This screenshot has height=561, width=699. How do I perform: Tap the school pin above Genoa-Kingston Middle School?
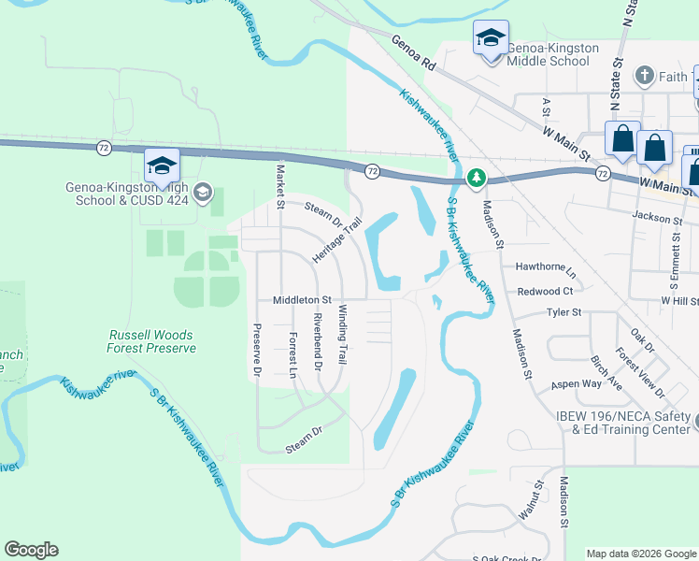pyautogui.click(x=490, y=39)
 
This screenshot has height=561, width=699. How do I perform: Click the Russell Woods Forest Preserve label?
pyautogui.click(x=152, y=341)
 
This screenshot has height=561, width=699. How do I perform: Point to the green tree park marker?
pyautogui.click(x=476, y=177)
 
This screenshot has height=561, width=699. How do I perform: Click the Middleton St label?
pyautogui.click(x=302, y=300)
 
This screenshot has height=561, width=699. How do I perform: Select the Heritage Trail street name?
pyautogui.click(x=336, y=241)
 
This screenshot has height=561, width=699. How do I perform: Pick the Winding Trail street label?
pyautogui.click(x=343, y=334)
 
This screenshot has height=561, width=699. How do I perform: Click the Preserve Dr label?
pyautogui.click(x=256, y=350)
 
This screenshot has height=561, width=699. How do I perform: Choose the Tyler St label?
pyautogui.click(x=563, y=312)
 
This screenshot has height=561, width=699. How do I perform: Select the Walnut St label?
pyautogui.click(x=530, y=501)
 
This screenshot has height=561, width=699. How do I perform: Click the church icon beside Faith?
pyautogui.click(x=643, y=75)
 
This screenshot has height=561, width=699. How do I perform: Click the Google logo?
pyautogui.click(x=31, y=550)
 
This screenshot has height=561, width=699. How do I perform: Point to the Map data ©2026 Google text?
pyautogui.click(x=641, y=554)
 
